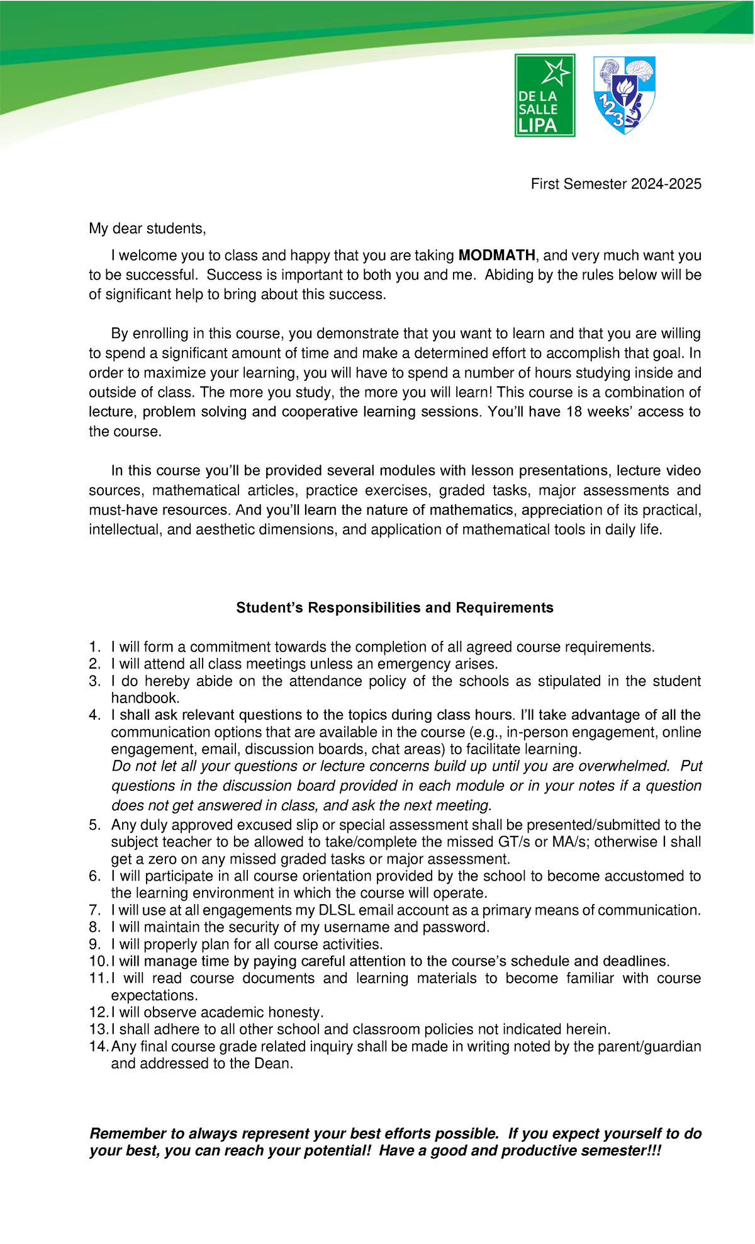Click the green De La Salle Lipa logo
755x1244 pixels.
click(545, 95)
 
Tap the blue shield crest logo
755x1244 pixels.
click(625, 95)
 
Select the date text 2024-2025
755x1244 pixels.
click(666, 184)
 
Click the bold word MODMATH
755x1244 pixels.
click(497, 255)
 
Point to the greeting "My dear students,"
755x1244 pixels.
click(147, 228)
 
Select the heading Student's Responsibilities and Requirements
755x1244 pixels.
click(394, 608)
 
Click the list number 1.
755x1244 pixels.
click(94, 647)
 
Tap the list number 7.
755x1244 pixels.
click(94, 910)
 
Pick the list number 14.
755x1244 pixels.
click(98, 1046)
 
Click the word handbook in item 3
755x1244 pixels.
click(145, 698)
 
